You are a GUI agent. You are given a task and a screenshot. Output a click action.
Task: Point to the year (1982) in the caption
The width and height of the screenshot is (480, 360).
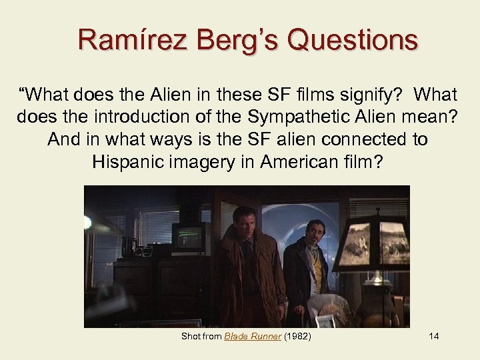click(x=297, y=336)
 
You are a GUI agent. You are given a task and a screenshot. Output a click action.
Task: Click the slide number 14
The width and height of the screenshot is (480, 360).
click(x=434, y=336)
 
